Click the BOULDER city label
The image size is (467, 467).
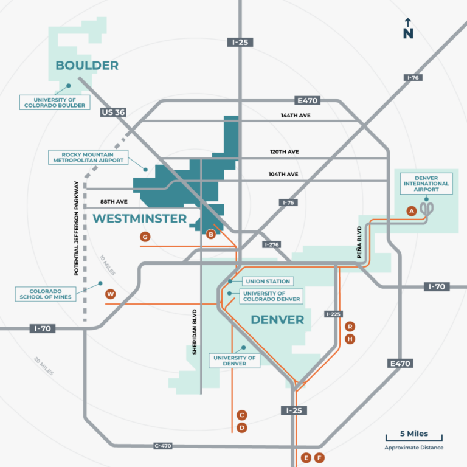(87, 66)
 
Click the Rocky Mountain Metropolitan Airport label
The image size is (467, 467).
(88, 158)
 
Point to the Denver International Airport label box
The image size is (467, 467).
(427, 183)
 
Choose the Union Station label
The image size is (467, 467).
(268, 282)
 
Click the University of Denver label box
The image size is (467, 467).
(234, 361)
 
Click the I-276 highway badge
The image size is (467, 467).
(271, 244)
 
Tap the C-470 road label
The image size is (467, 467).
(162, 446)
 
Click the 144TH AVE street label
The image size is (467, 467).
(296, 116)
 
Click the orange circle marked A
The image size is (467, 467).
(412, 211)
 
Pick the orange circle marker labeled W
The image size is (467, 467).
(110, 294)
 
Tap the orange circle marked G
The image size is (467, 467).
(145, 236)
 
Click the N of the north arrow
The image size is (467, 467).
(408, 34)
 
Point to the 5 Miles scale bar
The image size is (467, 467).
(413, 437)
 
